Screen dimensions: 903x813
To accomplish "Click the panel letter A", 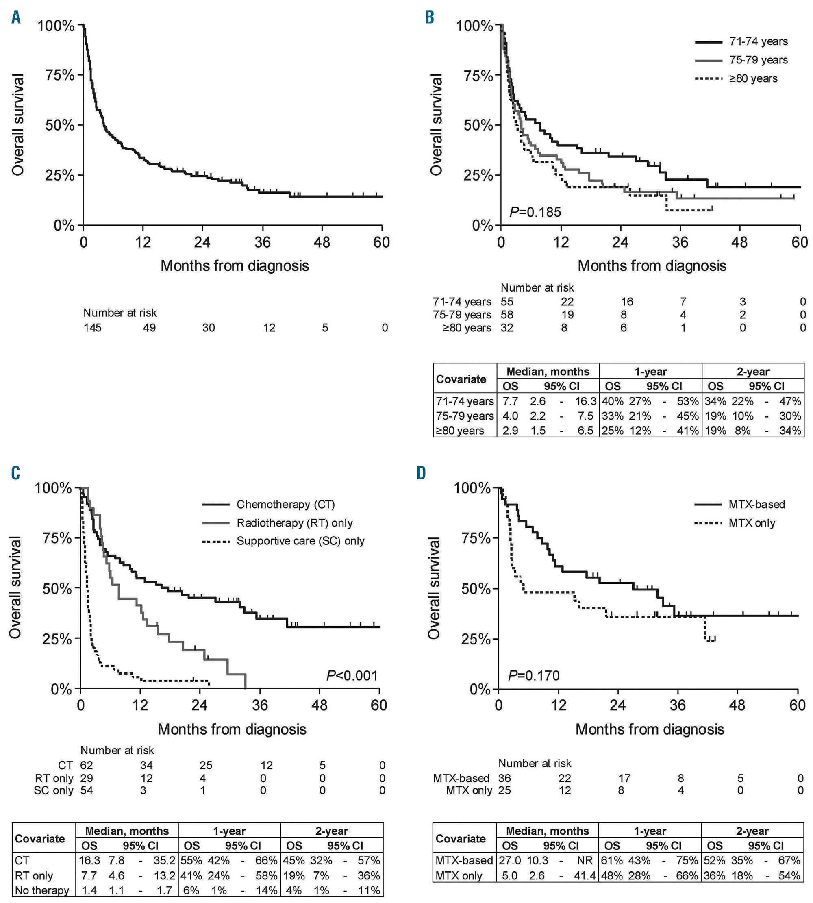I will tap(16, 18).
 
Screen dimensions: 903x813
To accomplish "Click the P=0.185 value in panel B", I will tap(535, 211).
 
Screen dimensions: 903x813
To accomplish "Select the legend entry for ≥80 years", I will tap(753, 78).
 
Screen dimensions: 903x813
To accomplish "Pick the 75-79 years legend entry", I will tap(758, 60).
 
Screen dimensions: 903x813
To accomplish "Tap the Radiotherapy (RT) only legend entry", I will tap(294, 523).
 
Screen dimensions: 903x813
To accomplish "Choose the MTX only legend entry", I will tap(752, 523).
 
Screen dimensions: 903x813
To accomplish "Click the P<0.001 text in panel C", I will tap(352, 675).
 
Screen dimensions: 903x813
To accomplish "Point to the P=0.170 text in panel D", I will tap(534, 675).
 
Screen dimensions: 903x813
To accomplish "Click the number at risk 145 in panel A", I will tap(92, 328).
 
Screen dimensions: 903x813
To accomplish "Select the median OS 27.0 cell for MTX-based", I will tap(510, 860).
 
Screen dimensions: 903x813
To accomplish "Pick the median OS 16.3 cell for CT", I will tap(89, 860).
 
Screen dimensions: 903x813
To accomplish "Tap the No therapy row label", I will tap(42, 890).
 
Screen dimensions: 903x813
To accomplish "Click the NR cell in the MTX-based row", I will tap(584, 860).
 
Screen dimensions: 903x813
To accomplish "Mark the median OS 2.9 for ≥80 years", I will tap(510, 431).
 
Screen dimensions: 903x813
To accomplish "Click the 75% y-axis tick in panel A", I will tap(59, 75).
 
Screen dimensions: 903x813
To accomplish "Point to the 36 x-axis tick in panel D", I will tap(678, 705).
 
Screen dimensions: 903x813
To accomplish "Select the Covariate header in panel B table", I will tap(461, 379).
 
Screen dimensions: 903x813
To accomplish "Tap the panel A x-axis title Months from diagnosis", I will tap(235, 266).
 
